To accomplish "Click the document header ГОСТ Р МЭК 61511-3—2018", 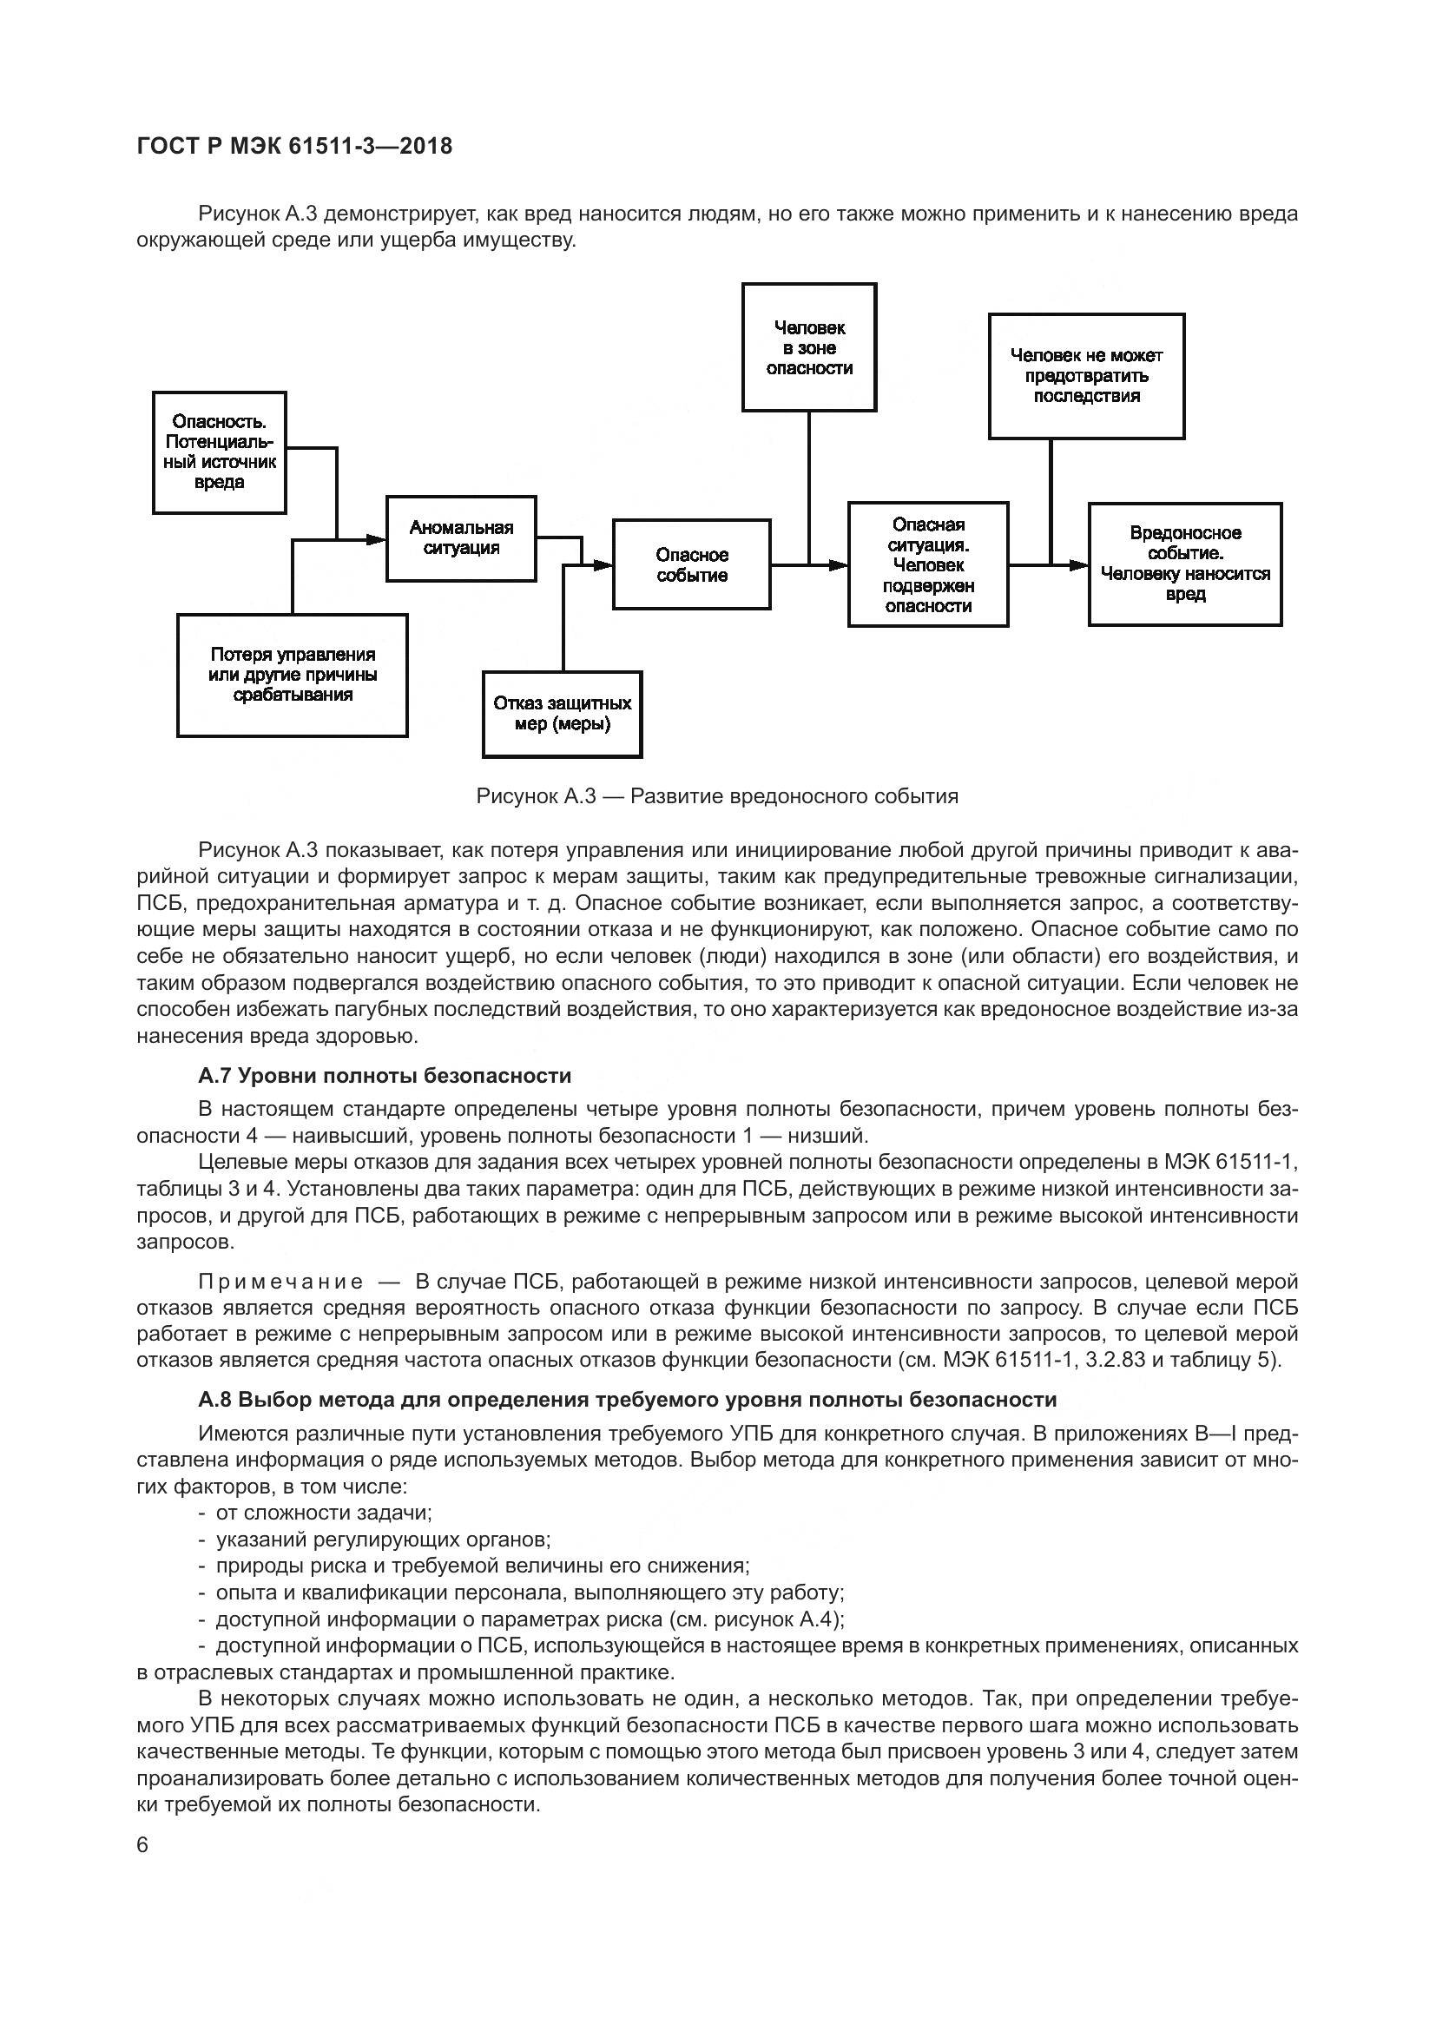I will pyautogui.click(x=294, y=146).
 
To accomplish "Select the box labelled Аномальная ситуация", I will pyautogui.click(x=461, y=537).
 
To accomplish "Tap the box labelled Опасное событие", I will pyautogui.click(x=691, y=564).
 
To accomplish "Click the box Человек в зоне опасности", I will pyautogui.click(x=809, y=347).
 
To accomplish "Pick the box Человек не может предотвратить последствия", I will pyautogui.click(x=1086, y=376).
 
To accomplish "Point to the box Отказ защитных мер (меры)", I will pyautogui.click(x=563, y=714).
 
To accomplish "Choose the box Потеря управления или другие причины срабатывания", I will pyautogui.click(x=292, y=675).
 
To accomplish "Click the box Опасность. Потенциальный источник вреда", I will pyautogui.click(x=220, y=452).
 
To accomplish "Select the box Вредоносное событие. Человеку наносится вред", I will pyautogui.click(x=1185, y=564).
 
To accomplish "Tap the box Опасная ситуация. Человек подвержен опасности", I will pyautogui.click(x=927, y=564).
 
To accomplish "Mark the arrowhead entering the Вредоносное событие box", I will pyautogui.click(x=1079, y=564).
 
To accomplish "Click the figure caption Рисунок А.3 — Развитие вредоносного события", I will pyautogui.click(x=717, y=796).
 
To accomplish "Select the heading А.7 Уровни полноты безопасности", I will pyautogui.click(x=385, y=1076).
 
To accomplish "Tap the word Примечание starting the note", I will pyautogui.click(x=280, y=1282).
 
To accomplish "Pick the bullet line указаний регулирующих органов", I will pyautogui.click(x=383, y=1540).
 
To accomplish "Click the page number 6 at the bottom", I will pyautogui.click(x=143, y=1845).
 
